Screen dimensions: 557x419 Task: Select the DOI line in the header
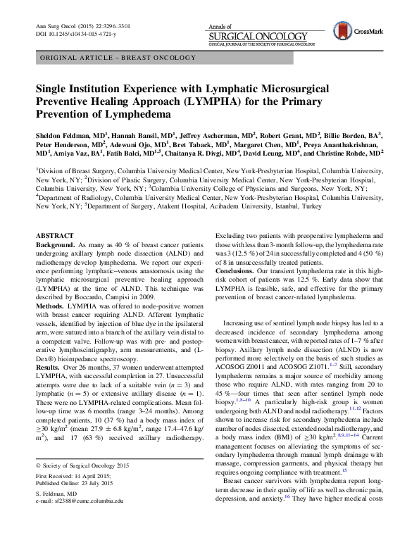71,34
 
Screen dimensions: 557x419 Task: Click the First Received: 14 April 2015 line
73,496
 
